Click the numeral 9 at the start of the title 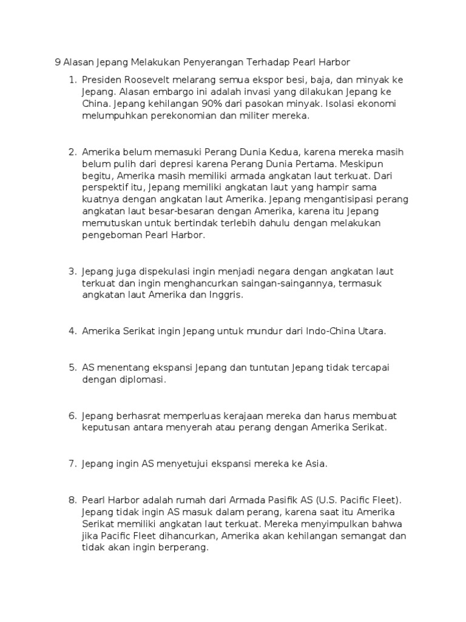pyautogui.click(x=58, y=62)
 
